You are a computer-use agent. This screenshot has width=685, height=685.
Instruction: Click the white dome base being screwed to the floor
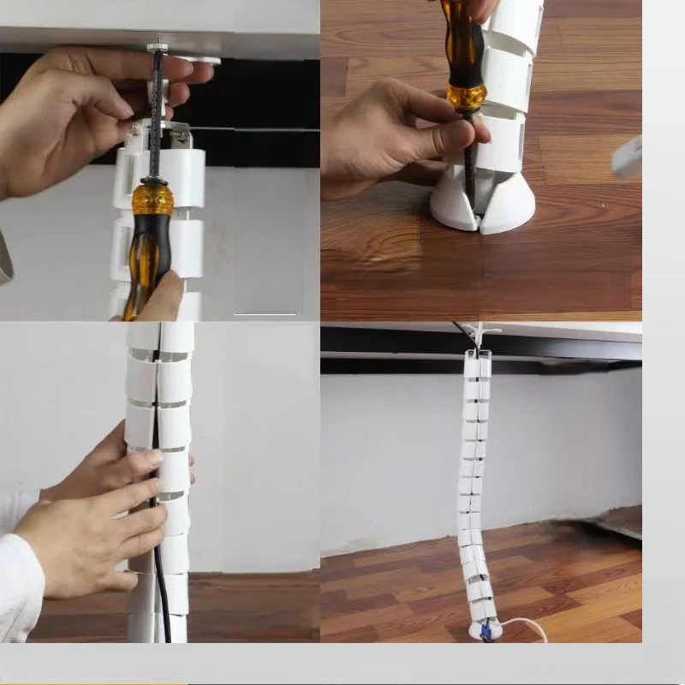click(509, 205)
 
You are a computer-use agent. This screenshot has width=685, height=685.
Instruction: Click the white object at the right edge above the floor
click(627, 158)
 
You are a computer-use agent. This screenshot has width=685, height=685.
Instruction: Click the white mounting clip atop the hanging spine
click(479, 334)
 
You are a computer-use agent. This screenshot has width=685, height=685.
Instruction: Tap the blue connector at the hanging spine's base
click(485, 632)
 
